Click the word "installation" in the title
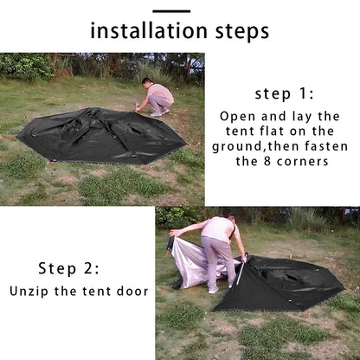pyautogui.click(x=149, y=31)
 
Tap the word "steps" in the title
pyautogui.click(x=242, y=32)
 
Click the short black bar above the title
pyautogui.click(x=171, y=11)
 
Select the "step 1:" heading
pyautogui.click(x=284, y=94)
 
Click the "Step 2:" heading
pyautogui.click(x=68, y=268)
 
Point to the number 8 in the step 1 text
pyautogui.click(x=267, y=161)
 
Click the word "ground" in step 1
pyautogui.click(x=238, y=147)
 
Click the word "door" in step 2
pyautogui.click(x=132, y=291)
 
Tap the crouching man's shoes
pyautogui.click(x=159, y=112)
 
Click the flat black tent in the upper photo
pyautogui.click(x=101, y=136)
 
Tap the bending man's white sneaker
pyautogui.click(x=214, y=290)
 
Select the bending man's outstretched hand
pyautogui.click(x=174, y=233)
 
